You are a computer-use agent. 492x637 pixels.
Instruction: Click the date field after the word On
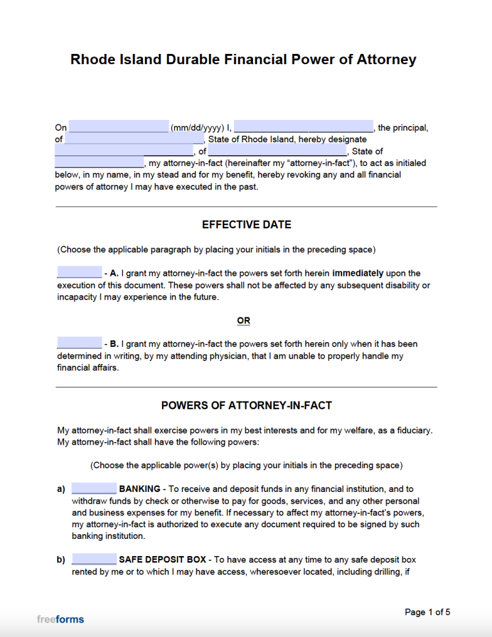[x=118, y=127]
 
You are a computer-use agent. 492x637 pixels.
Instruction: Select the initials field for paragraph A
[x=79, y=273]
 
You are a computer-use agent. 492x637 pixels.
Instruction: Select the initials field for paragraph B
[x=79, y=343]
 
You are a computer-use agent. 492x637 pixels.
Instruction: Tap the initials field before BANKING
[x=94, y=489]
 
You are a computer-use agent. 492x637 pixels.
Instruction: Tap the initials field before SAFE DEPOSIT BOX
[x=94, y=559]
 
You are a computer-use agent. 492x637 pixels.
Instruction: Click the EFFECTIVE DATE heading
[x=246, y=225]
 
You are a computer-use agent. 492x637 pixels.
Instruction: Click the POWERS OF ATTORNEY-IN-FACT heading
[x=246, y=405]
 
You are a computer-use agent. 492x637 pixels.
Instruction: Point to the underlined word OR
[x=243, y=320]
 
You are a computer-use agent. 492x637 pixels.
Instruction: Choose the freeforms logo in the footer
[x=60, y=619]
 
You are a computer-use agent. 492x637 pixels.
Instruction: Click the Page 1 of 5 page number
[x=427, y=612]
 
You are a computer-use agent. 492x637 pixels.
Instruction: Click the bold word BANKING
[x=140, y=489]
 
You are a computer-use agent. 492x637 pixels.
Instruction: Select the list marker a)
[x=61, y=489]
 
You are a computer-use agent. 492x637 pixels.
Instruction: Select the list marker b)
[x=61, y=559]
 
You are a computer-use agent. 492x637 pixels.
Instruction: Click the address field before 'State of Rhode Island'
[x=133, y=139]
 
